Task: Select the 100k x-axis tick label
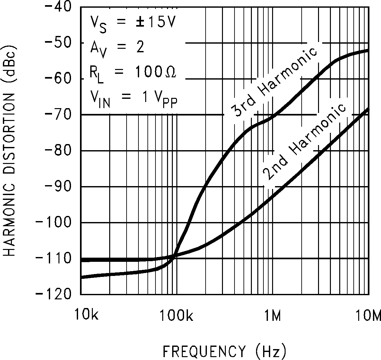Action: pyautogui.click(x=176, y=316)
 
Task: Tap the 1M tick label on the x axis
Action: pyautogui.click(x=273, y=316)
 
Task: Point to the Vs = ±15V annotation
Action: pyautogui.click(x=131, y=23)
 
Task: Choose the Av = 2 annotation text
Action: pyautogui.click(x=117, y=48)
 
